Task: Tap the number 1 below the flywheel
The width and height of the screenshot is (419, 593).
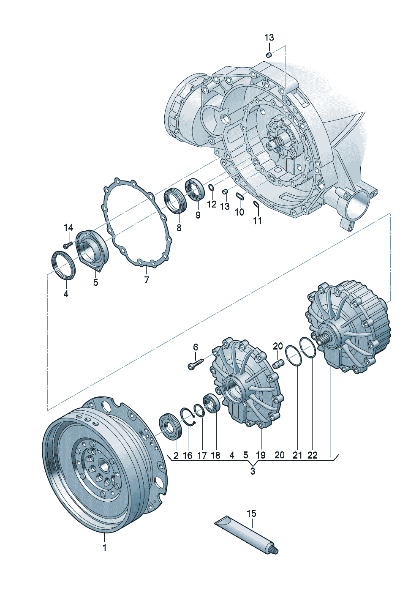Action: [104, 548]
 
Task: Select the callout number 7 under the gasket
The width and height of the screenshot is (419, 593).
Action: [147, 279]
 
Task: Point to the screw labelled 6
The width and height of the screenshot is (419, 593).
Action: [195, 364]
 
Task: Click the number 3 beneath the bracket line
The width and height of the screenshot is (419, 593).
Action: [253, 471]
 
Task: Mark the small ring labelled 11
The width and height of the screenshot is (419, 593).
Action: [256, 205]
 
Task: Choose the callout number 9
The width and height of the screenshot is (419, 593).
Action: [198, 214]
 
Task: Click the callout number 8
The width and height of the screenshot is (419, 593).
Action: [179, 227]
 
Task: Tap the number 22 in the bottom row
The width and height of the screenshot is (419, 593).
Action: [312, 455]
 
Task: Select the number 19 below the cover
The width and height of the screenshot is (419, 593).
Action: [261, 455]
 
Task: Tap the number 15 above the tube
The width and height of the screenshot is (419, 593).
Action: [251, 514]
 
